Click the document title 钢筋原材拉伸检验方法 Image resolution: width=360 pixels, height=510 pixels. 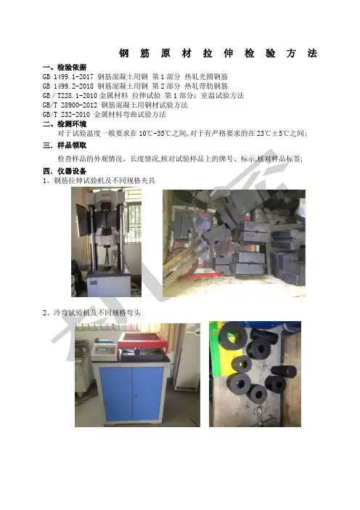click(218, 53)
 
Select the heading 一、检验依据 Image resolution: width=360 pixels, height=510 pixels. click(65, 68)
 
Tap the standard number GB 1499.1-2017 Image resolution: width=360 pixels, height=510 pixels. click(68, 77)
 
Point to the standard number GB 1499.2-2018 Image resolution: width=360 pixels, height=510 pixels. click(68, 86)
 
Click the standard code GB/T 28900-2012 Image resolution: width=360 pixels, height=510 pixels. click(70, 105)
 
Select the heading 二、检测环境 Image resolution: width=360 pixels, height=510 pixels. click(65, 124)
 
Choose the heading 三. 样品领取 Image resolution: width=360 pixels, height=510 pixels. click(65, 145)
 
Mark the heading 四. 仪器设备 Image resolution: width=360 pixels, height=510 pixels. click(65, 171)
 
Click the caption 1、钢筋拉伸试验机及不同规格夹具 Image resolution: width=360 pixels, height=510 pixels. click(99, 180)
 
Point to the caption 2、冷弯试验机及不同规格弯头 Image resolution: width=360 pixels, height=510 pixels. click(91, 313)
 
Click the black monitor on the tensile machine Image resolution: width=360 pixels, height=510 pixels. click(83, 220)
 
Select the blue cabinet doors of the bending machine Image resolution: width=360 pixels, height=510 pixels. click(131, 394)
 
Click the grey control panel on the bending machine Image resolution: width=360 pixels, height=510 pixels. click(105, 349)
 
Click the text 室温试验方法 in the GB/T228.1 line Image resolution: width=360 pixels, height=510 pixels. click(223, 96)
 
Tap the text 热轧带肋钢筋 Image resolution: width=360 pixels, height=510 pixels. click(206, 86)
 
